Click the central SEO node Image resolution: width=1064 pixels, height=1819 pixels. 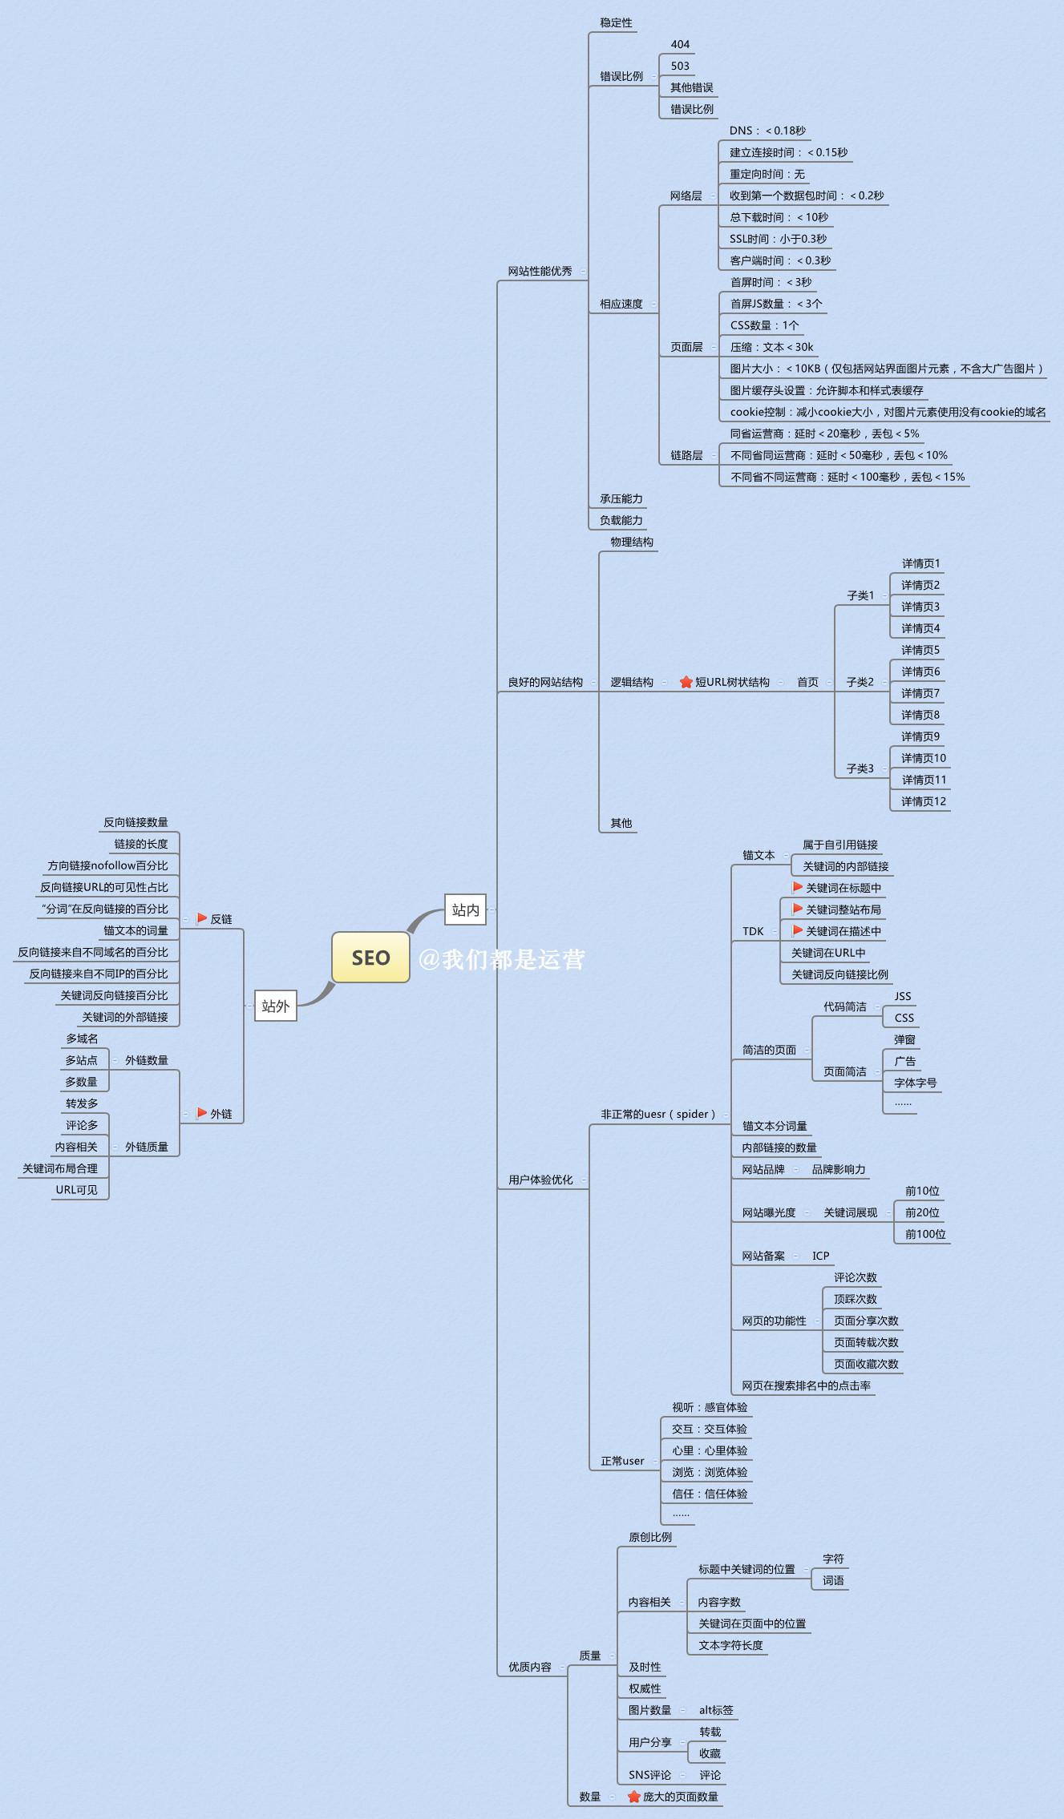pyautogui.click(x=370, y=958)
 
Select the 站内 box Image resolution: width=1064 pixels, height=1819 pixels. pyautogui.click(x=465, y=909)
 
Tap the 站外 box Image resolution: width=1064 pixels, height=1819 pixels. pyautogui.click(x=275, y=1006)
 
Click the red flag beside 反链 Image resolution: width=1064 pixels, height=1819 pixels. pyautogui.click(x=202, y=918)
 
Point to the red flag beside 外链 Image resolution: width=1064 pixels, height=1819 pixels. pyautogui.click(x=202, y=1113)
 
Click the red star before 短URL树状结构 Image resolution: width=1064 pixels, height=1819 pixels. pyautogui.click(x=686, y=682)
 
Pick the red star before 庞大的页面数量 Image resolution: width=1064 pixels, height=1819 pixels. pyautogui.click(x=633, y=1797)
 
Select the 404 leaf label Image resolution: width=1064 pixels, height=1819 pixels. pyautogui.click(x=680, y=44)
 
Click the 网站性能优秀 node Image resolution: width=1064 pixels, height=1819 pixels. pyautogui.click(x=540, y=271)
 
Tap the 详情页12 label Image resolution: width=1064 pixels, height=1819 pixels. pyautogui.click(x=924, y=801)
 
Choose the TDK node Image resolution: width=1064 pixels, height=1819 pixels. pyautogui.click(x=753, y=931)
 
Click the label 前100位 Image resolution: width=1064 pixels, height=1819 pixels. pyautogui.click(x=925, y=1234)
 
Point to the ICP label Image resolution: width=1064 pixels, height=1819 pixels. pyautogui.click(x=820, y=1256)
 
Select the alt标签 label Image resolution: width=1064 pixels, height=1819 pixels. pyautogui.click(x=716, y=1710)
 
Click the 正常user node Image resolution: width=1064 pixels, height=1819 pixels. pyautogui.click(x=622, y=1461)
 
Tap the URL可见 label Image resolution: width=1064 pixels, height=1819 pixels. pyautogui.click(x=76, y=1190)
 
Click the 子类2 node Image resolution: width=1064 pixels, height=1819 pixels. pyautogui.click(x=860, y=682)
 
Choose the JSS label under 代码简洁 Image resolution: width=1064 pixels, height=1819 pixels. pyautogui.click(x=903, y=996)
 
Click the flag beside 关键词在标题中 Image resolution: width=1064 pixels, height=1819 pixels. pyautogui.click(x=797, y=887)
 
